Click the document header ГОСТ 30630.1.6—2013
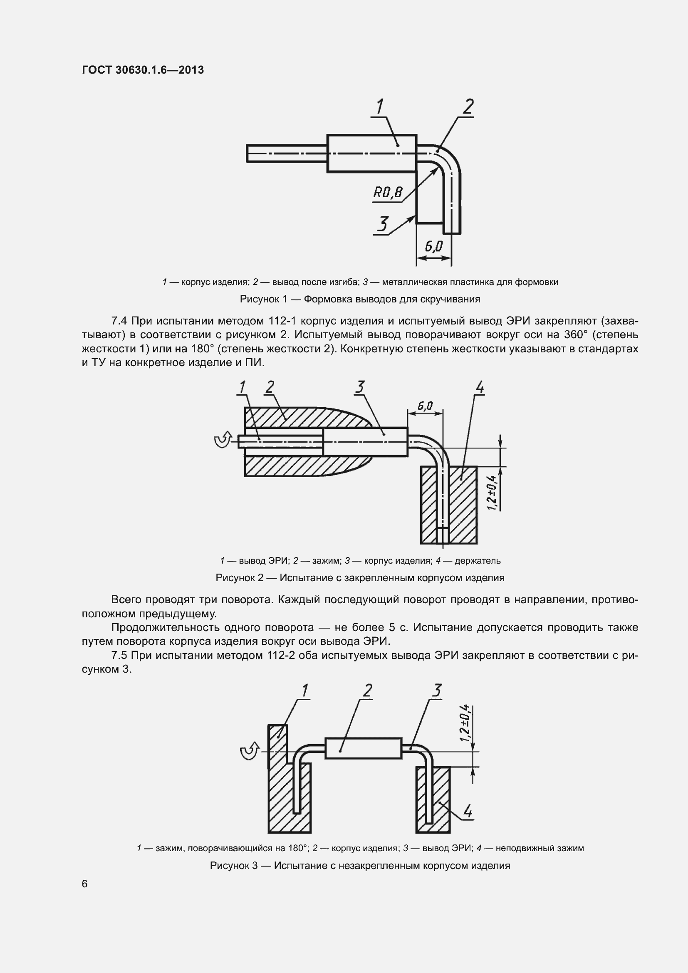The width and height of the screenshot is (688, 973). point(143,70)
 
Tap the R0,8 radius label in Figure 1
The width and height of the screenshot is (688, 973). point(387,193)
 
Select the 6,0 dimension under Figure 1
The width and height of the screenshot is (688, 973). point(433,246)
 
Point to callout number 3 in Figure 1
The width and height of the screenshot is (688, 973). point(383,224)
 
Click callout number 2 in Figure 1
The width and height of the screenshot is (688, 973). point(468,107)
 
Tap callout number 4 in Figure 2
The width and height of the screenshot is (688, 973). point(480,387)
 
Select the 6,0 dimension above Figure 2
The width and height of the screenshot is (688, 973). point(425,406)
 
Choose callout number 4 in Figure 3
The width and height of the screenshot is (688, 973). point(467,811)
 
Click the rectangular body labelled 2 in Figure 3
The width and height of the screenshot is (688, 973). point(363,748)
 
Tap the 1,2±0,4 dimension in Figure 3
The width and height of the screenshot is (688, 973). point(465,723)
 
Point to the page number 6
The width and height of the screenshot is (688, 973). point(85,884)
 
